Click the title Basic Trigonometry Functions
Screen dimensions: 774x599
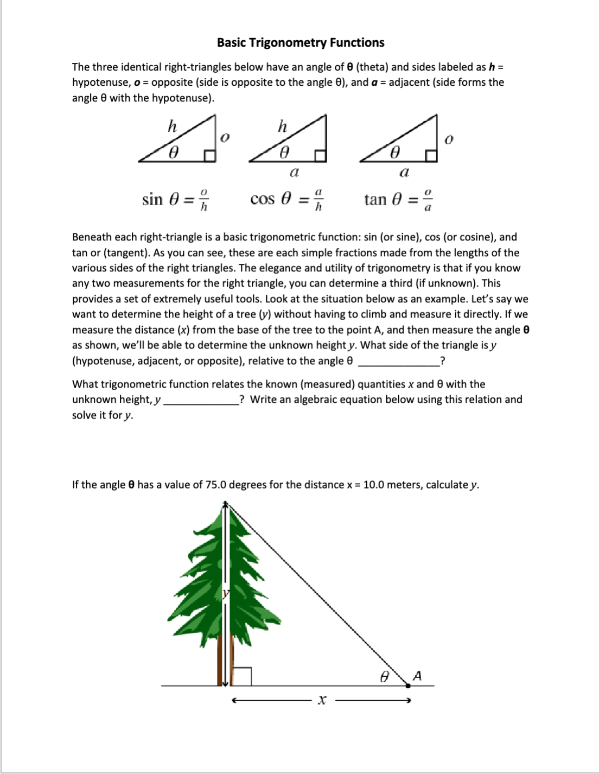[301, 43]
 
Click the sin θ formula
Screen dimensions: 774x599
[176, 200]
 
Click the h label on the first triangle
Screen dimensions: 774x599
[171, 126]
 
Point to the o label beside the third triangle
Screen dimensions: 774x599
[448, 139]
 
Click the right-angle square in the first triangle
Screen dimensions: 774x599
[209, 156]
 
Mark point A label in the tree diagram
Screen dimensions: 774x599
[417, 676]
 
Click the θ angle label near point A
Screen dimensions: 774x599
[384, 677]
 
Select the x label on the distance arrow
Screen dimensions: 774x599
[322, 701]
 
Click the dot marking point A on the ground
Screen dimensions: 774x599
[409, 686]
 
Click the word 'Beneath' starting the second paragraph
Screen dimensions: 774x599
[91, 237]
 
